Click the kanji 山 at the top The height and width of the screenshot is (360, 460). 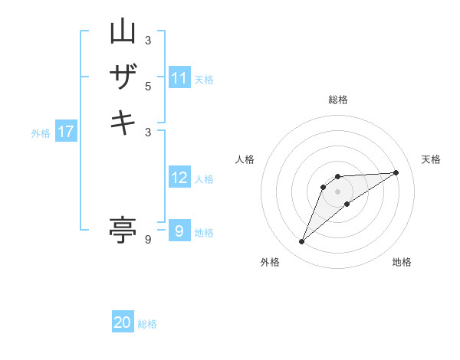click(123, 32)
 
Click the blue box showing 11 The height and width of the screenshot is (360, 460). click(179, 78)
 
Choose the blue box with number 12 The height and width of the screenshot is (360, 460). click(179, 178)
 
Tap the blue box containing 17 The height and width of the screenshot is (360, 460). click(66, 132)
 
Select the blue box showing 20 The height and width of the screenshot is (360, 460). click(123, 322)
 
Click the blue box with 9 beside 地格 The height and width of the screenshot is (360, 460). click(179, 231)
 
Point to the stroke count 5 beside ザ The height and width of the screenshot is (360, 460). click(148, 86)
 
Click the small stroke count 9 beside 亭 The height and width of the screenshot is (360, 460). click(148, 240)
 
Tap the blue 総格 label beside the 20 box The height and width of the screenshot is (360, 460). click(147, 324)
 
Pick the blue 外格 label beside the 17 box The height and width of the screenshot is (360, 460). click(41, 133)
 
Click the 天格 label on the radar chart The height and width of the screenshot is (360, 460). click(431, 159)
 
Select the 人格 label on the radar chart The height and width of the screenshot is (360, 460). click(245, 159)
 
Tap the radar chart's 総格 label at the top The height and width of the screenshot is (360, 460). click(338, 100)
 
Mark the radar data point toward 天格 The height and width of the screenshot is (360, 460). click(396, 172)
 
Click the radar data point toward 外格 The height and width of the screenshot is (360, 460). click(301, 242)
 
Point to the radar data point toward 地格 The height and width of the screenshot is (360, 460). click(347, 204)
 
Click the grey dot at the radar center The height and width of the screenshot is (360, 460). click(338, 191)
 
